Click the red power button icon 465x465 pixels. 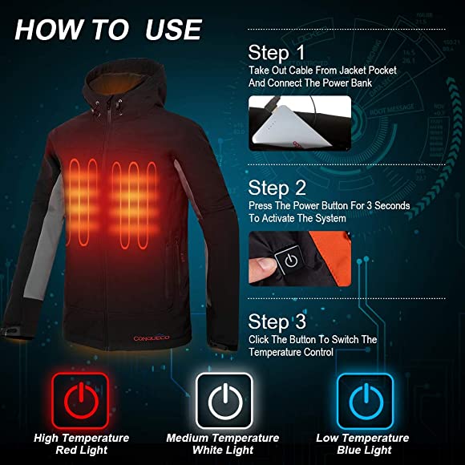(x=80, y=401)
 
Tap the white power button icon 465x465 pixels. (x=224, y=401)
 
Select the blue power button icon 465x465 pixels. (x=366, y=401)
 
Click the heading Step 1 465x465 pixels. (x=277, y=53)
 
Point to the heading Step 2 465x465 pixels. (x=277, y=188)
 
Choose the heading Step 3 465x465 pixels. (x=277, y=321)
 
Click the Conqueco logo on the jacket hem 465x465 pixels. (x=152, y=338)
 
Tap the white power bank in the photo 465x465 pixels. (x=289, y=127)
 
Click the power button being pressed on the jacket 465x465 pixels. (x=289, y=260)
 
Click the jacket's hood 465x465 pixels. (x=124, y=86)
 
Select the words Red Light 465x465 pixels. (x=82, y=450)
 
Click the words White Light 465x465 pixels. (x=223, y=450)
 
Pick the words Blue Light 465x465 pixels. (x=364, y=450)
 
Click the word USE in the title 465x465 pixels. (x=173, y=30)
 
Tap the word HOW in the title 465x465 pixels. (x=49, y=30)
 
